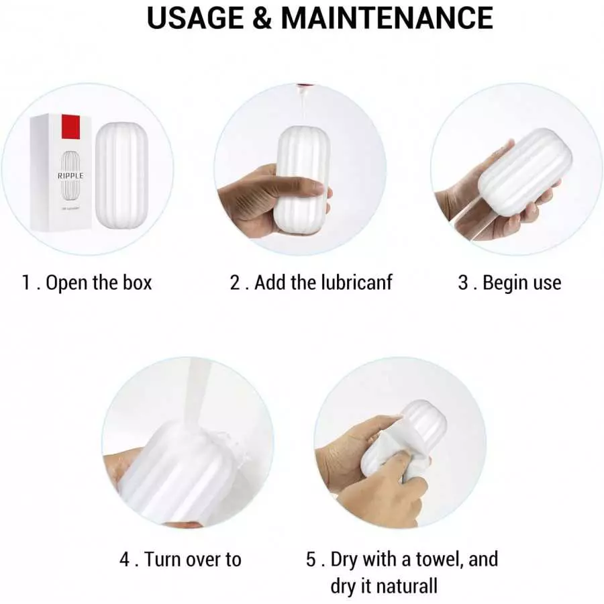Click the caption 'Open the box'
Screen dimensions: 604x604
99,283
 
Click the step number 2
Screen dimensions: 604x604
236,283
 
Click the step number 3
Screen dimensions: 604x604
463,283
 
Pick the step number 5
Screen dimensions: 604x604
311,559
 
